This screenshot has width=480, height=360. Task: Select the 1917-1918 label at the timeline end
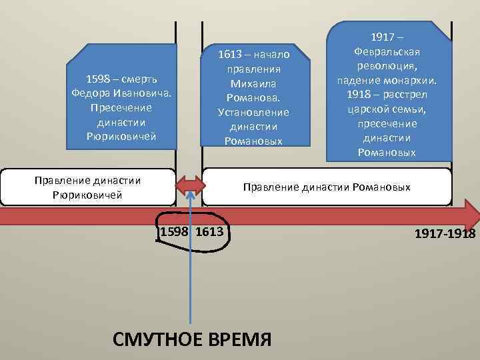click(445, 234)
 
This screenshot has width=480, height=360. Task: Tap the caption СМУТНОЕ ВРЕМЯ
click(193, 339)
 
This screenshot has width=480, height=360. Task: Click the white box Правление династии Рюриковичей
click(87, 187)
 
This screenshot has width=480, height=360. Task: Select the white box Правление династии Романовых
click(327, 187)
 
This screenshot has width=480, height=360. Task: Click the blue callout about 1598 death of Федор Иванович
click(121, 107)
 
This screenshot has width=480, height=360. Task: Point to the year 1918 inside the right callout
click(359, 93)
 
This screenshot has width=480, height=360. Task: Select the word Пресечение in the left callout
click(121, 107)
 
